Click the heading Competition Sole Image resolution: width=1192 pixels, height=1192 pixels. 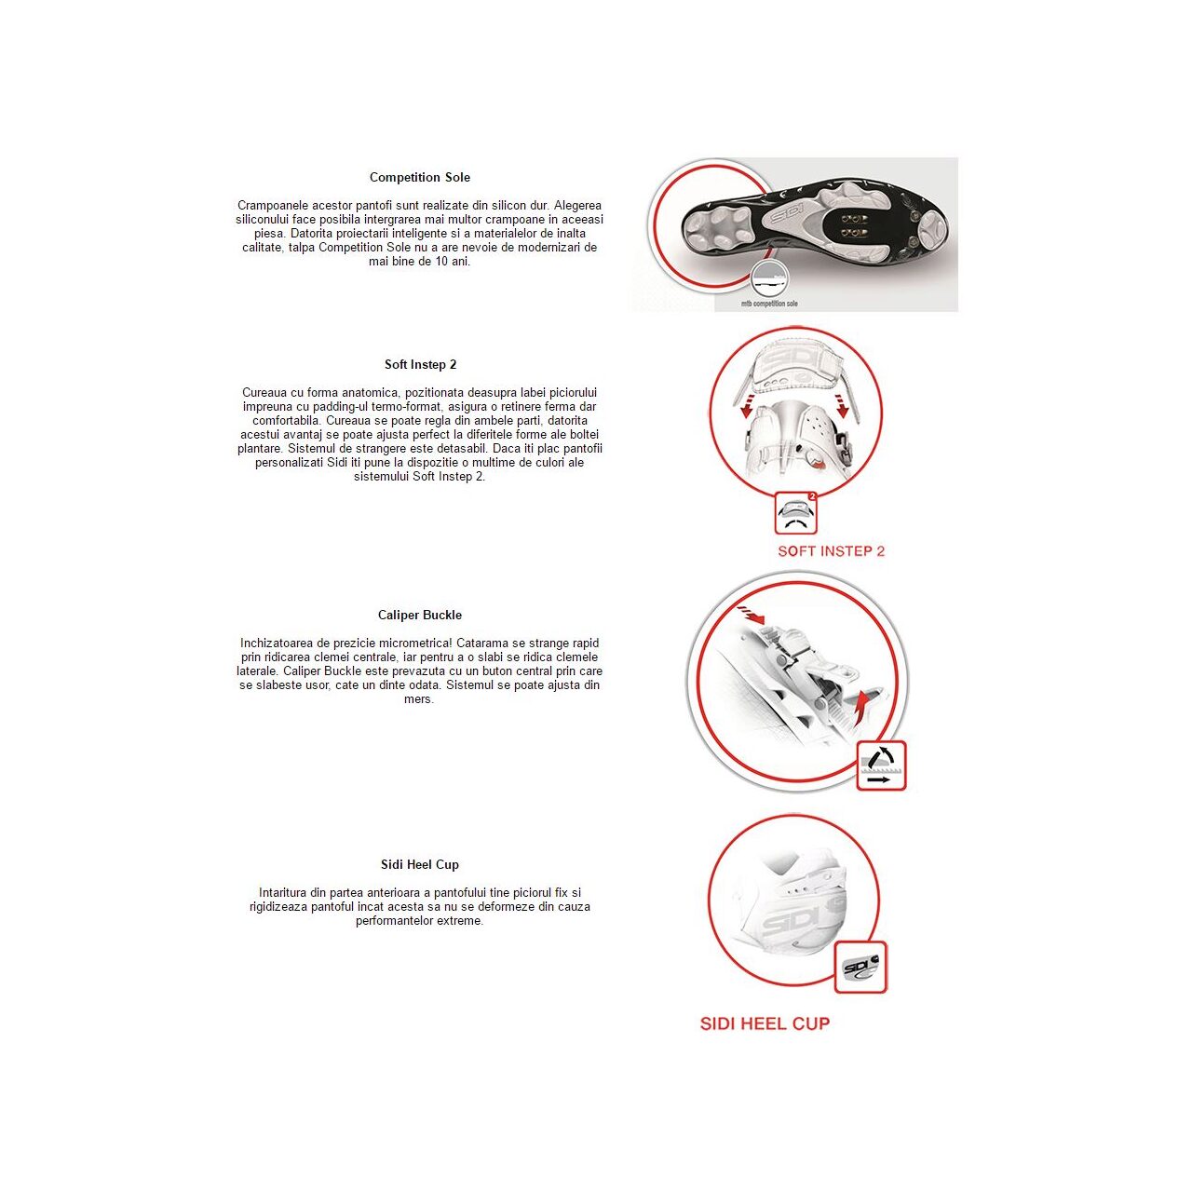point(419,177)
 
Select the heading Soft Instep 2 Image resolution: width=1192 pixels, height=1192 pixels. point(420,364)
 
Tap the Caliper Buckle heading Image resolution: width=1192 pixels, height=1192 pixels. point(419,615)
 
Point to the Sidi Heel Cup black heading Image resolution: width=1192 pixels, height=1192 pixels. point(419,864)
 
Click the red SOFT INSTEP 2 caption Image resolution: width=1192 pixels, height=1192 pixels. point(831,551)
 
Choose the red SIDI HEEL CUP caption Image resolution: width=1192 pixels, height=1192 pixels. point(765,1023)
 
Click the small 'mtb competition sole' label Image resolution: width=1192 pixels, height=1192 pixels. point(769,304)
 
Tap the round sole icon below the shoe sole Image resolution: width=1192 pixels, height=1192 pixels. point(769,278)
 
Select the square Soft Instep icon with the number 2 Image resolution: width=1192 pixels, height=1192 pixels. point(796,512)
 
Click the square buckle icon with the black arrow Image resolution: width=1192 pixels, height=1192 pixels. point(881,765)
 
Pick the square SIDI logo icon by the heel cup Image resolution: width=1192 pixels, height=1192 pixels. point(860,968)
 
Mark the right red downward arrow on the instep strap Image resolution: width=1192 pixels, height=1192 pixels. point(843,406)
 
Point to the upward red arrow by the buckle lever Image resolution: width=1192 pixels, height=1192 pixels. point(865,707)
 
